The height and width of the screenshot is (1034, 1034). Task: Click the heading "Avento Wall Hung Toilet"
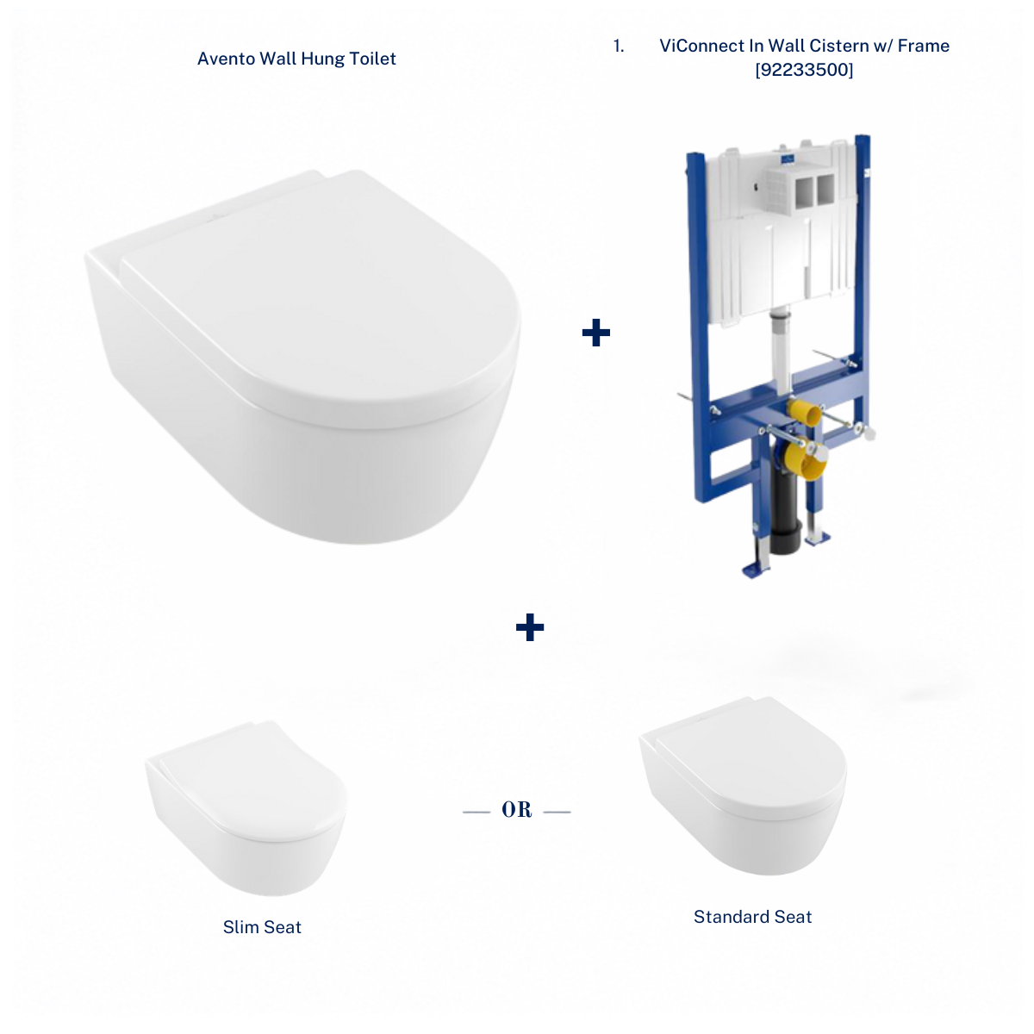[296, 59]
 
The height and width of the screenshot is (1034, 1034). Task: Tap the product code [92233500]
[804, 70]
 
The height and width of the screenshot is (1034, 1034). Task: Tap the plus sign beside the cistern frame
[595, 333]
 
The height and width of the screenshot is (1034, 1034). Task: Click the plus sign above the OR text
[530, 627]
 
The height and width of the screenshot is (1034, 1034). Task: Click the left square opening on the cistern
[804, 190]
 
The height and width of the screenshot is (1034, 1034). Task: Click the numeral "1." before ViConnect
[619, 47]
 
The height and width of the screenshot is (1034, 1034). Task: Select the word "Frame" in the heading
[923, 47]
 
